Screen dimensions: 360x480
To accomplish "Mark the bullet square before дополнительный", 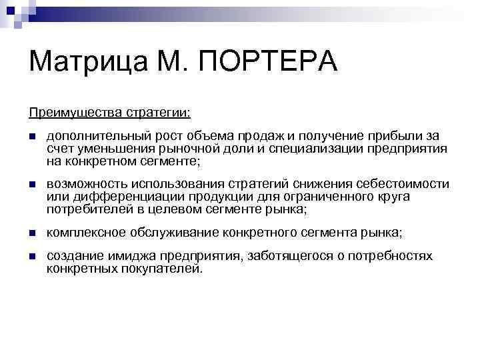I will (x=32, y=137).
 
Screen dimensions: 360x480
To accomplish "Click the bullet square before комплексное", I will (x=32, y=233).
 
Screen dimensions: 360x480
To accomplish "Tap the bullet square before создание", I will (x=32, y=257).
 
